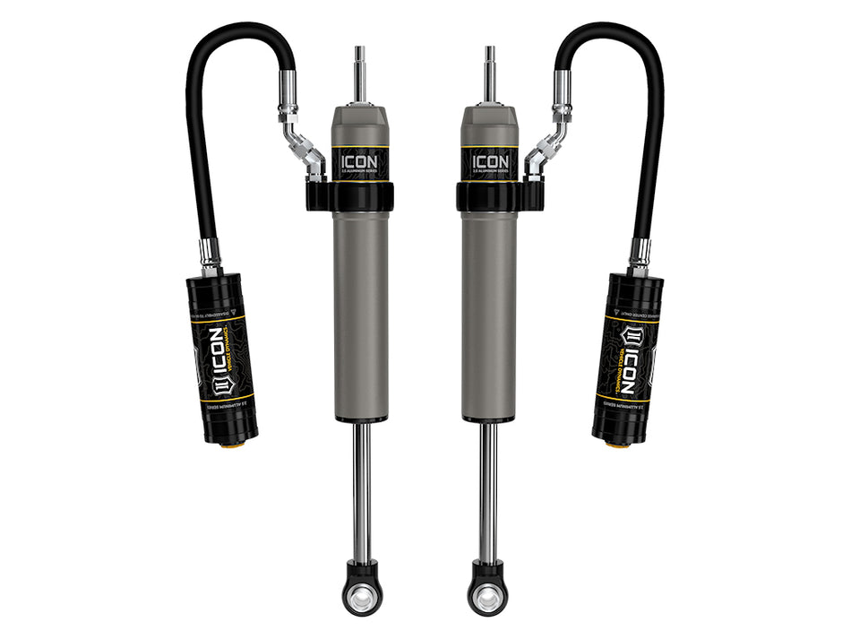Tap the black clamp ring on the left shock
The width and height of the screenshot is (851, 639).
click(x=358, y=196)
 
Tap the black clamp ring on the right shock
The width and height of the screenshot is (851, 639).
click(x=491, y=196)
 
